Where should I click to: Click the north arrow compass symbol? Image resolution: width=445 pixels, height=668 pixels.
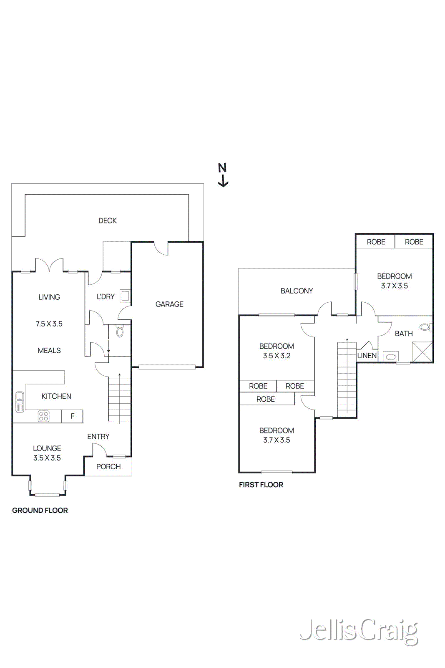(223, 175)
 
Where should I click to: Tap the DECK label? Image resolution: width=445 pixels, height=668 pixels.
(107, 220)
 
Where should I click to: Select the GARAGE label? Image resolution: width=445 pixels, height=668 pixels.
(169, 304)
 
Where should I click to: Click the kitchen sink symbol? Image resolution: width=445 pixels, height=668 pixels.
(20, 402)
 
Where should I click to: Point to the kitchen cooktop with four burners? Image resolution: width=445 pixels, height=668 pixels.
(44, 416)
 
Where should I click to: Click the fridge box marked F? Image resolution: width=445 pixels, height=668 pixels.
(73, 416)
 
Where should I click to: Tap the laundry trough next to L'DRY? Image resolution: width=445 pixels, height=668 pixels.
(125, 296)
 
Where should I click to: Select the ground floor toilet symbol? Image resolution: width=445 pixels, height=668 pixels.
(120, 331)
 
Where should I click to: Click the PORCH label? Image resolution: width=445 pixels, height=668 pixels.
(108, 467)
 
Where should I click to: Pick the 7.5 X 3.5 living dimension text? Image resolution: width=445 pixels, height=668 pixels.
(49, 324)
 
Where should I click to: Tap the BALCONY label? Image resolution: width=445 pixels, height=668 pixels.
(297, 291)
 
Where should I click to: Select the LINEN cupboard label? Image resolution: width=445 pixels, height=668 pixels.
(367, 356)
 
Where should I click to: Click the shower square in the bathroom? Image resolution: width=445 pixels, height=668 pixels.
(422, 352)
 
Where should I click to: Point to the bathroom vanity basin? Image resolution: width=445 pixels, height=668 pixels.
(391, 357)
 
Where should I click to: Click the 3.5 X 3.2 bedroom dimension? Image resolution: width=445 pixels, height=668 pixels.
(277, 356)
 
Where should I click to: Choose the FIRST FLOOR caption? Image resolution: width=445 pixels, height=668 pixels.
(261, 485)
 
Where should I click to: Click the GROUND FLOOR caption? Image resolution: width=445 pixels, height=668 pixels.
(40, 510)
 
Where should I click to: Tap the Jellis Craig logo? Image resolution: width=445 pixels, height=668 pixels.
(359, 631)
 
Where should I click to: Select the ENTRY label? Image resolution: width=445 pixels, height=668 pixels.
(98, 437)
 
